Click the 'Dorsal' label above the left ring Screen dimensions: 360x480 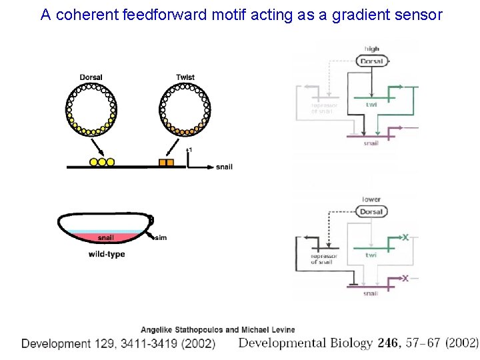[x=91, y=77]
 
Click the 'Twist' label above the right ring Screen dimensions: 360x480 [x=185, y=77]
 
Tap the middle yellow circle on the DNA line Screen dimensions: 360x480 [x=102, y=162]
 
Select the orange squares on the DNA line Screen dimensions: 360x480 [x=166, y=162]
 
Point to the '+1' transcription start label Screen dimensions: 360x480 [x=190, y=150]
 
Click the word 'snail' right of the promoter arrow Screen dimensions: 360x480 [x=225, y=167]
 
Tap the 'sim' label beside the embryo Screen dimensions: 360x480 [x=161, y=238]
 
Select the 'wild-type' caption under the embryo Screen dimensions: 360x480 [x=107, y=254]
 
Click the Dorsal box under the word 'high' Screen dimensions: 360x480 [x=371, y=61]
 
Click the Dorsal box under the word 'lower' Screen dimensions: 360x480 [x=371, y=212]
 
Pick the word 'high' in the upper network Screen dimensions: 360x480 [x=372, y=49]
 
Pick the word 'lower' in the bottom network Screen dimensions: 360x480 [x=372, y=199]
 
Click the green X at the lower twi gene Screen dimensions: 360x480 [x=405, y=237]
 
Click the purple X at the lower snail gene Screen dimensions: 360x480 [x=405, y=278]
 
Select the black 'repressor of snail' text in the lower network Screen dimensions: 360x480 [x=324, y=259]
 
